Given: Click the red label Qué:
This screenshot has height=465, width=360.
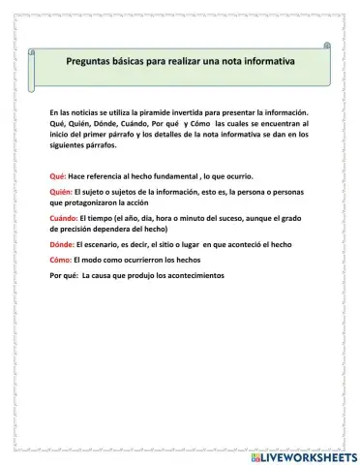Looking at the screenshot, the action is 56,177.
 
